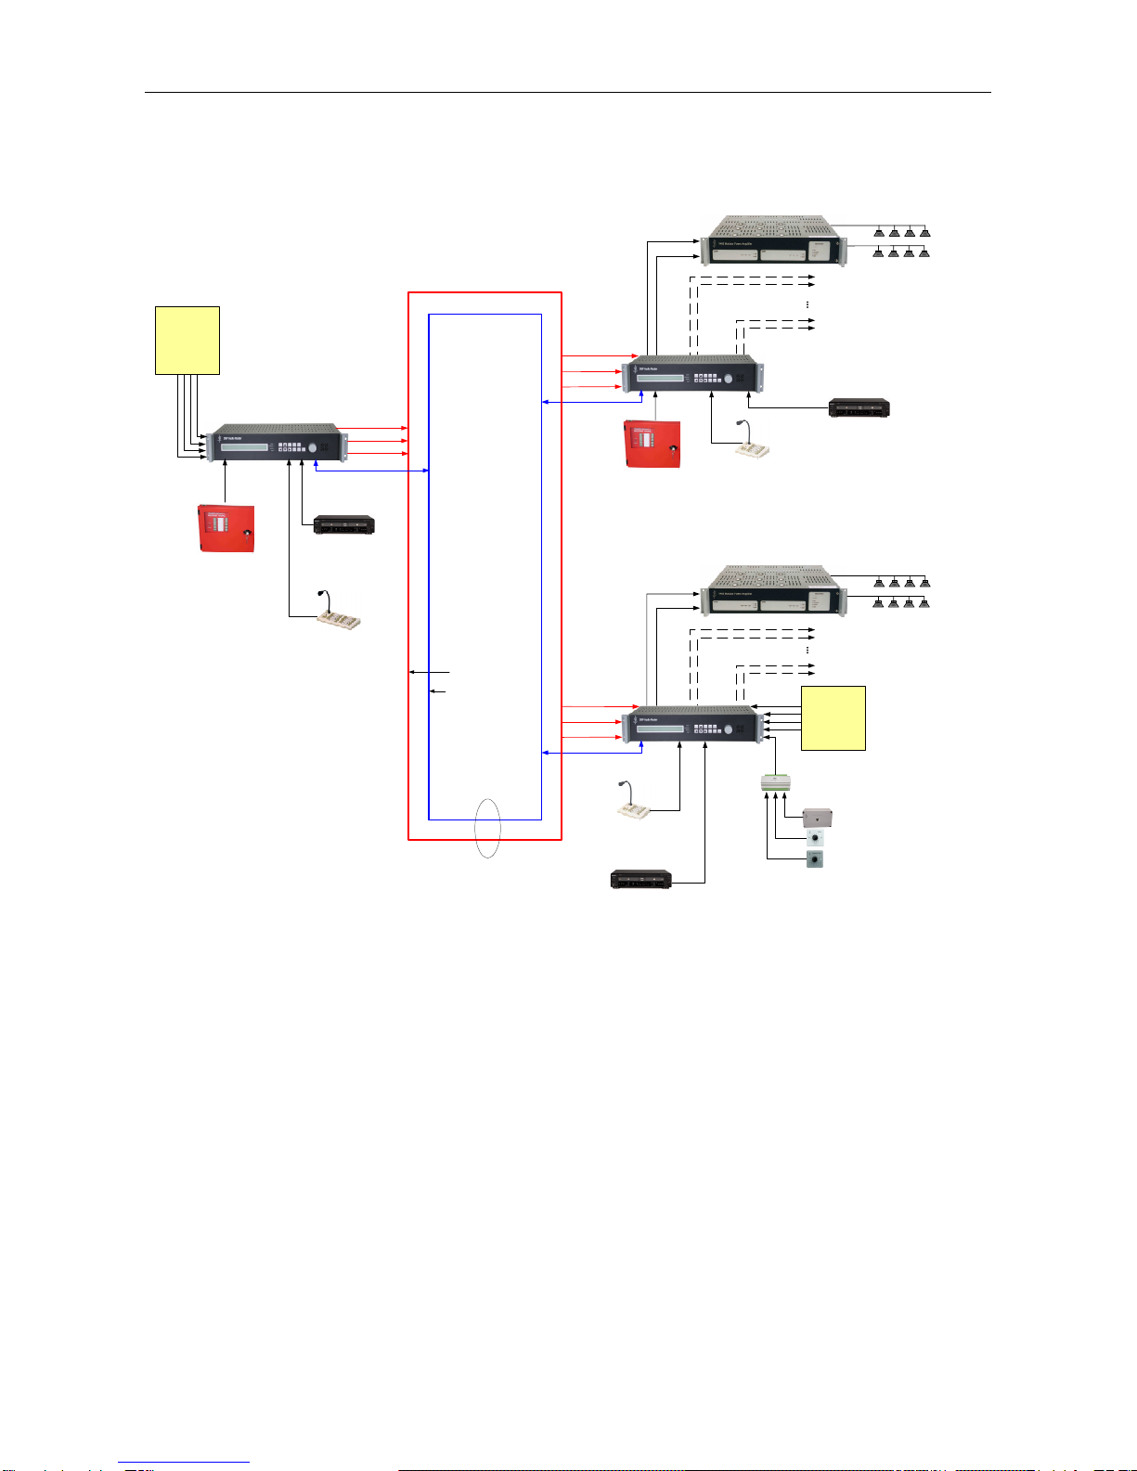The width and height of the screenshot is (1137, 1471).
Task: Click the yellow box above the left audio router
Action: coord(187,340)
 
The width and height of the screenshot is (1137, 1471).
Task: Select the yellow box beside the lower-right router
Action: coord(833,717)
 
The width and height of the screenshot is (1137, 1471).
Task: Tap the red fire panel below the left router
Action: coord(226,528)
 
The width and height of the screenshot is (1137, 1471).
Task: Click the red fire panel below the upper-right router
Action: coord(653,444)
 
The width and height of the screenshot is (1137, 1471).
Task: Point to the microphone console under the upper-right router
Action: coord(754,447)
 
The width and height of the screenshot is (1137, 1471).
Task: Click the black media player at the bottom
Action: coord(640,878)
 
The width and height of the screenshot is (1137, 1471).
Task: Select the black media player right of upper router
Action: coord(859,407)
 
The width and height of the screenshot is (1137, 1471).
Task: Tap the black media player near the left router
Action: coord(343,524)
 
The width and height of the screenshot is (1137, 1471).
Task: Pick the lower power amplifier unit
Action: coord(773,590)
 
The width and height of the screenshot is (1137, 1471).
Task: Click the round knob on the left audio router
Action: coord(313,447)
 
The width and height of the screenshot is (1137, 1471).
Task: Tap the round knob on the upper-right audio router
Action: coord(729,378)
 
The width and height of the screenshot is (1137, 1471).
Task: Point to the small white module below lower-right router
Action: coord(775,783)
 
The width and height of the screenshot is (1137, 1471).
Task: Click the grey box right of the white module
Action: coord(817,818)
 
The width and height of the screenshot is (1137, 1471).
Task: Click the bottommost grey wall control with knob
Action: coord(815,859)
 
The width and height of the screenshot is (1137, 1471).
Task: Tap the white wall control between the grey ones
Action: coord(815,837)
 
